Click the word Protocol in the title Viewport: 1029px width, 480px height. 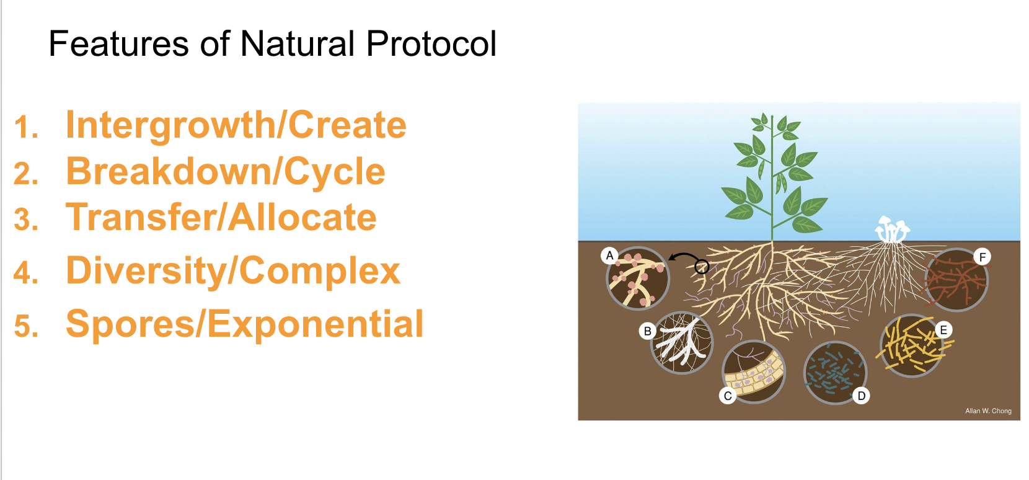pos(431,45)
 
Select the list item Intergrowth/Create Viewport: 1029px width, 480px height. pos(236,125)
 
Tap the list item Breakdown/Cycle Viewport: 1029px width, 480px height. pos(225,171)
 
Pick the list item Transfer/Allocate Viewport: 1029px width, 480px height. pos(221,218)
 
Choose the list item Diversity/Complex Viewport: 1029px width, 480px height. pos(233,271)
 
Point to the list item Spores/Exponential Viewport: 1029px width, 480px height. pos(244,324)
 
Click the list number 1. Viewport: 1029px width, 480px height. pos(26,127)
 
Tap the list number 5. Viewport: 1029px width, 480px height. pos(26,327)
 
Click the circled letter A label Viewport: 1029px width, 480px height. pos(610,256)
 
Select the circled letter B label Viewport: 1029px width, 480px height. pos(648,331)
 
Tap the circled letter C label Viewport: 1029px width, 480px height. pos(728,396)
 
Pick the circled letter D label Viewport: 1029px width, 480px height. pos(861,396)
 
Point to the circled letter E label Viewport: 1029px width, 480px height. pos(943,330)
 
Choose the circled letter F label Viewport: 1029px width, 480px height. pos(982,257)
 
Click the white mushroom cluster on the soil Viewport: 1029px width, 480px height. pos(891,229)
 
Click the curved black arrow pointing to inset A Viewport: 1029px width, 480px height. pos(683,257)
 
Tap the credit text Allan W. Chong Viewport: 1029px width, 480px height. pos(988,411)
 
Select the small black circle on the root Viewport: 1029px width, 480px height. pos(702,267)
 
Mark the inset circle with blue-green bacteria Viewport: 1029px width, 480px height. pos(834,372)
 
